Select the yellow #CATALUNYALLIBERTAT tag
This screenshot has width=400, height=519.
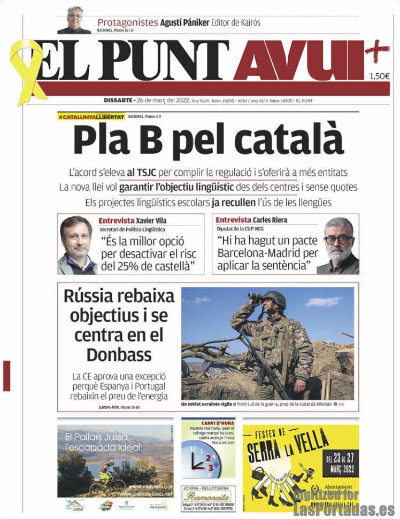91,117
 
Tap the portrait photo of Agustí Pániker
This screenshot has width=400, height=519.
74,20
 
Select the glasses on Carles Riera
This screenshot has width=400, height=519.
338,239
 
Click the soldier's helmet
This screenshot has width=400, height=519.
274,298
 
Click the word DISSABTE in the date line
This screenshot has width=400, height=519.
118,100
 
